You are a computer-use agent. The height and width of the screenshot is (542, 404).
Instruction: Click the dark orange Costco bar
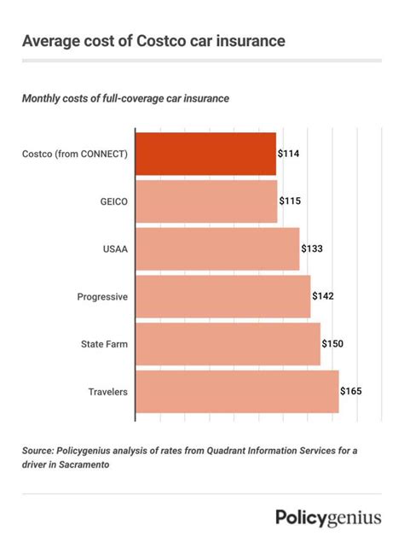click(x=205, y=154)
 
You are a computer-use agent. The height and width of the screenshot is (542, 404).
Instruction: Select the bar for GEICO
click(x=206, y=201)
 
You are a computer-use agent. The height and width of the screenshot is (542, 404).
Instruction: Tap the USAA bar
click(x=217, y=248)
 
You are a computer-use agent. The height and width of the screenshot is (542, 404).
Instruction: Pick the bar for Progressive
click(x=222, y=296)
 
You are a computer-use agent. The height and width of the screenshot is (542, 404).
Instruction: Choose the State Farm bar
click(x=228, y=344)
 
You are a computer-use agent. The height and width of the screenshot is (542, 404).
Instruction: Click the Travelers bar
click(x=237, y=392)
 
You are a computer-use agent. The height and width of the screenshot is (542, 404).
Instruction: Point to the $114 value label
click(x=289, y=154)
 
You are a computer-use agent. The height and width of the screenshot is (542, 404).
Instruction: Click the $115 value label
click(x=290, y=201)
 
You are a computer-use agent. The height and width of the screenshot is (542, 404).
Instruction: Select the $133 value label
click(x=312, y=248)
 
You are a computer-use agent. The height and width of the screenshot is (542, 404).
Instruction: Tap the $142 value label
click(x=323, y=296)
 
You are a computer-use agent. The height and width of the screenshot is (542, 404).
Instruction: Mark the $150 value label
click(x=332, y=344)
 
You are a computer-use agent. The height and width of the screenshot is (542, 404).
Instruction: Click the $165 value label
click(x=351, y=392)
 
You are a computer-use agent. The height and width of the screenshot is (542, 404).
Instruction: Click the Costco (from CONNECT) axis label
click(x=74, y=154)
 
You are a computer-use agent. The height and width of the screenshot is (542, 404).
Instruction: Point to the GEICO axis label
click(x=113, y=201)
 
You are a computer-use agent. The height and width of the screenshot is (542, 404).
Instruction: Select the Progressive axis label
click(x=102, y=296)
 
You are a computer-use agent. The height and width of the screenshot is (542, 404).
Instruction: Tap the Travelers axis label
click(x=107, y=392)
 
